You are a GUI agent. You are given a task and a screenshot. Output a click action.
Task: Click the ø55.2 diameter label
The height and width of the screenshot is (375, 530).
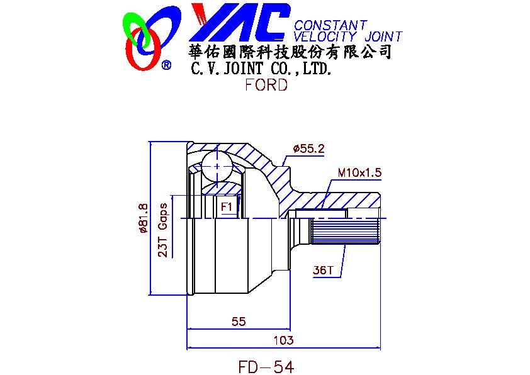pos(308,149)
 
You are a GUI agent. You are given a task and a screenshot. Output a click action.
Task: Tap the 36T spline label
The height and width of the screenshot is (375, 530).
pos(322,271)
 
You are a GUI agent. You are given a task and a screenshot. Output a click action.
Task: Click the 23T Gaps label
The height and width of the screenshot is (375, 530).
pos(162,230)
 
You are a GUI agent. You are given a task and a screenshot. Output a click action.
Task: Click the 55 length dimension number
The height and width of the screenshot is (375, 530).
pos(238,322)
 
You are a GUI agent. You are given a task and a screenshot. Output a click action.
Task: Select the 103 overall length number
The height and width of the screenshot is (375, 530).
pos(285,340)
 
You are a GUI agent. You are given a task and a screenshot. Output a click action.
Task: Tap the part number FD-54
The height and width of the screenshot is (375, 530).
pos(266,366)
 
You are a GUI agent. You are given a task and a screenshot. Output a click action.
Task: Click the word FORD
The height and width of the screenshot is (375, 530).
pos(266,85)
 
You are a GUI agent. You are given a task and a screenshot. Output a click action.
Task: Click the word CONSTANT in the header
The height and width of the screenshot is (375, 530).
pos(330,25)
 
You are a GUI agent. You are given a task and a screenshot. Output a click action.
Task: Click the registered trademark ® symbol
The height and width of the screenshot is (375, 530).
pos(166,65)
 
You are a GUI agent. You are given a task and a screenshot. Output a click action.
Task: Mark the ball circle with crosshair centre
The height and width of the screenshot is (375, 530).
pos(217,165)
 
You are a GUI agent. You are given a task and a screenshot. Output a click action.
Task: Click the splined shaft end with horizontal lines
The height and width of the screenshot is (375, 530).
pos(345,230)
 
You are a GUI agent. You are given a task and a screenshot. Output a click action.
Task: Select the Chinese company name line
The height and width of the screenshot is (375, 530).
pos(290,52)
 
